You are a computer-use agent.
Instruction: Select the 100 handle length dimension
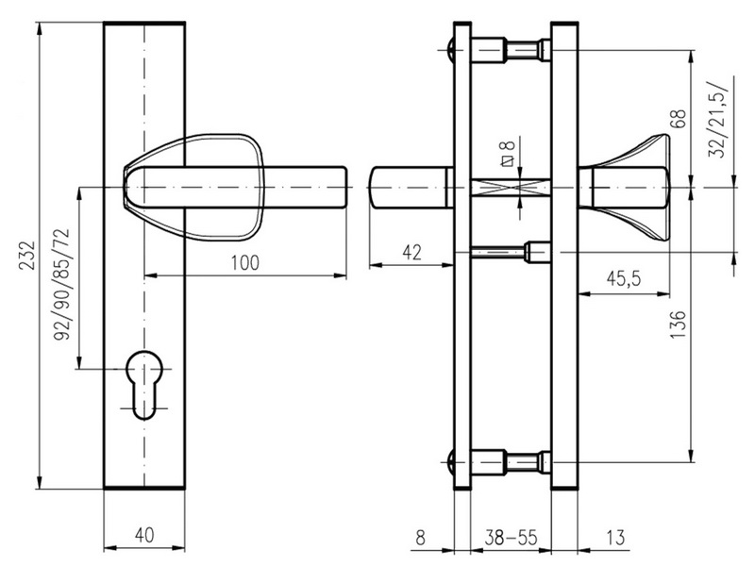(x=244, y=263)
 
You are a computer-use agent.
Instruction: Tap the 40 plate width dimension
(x=143, y=535)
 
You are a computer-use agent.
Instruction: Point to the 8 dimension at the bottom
(x=419, y=537)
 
